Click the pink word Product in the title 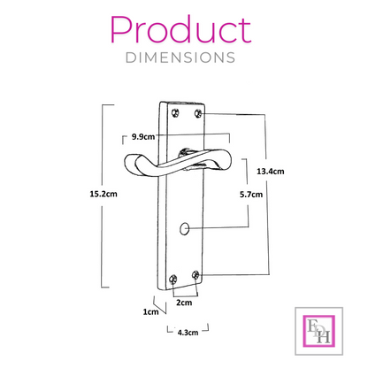tap(180, 30)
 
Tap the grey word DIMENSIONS tap(180, 57)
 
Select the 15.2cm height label tap(103, 194)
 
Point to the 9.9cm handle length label tap(143, 137)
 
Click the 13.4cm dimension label tap(271, 172)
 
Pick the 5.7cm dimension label tap(251, 195)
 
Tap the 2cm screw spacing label tap(184, 303)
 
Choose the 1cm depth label tap(150, 311)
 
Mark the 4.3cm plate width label tap(188, 333)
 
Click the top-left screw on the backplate tap(175, 113)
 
